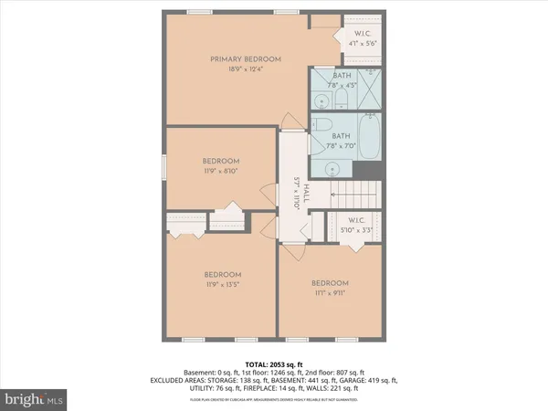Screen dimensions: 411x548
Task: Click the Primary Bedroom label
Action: tap(245, 59)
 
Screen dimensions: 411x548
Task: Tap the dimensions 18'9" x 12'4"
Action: tap(245, 70)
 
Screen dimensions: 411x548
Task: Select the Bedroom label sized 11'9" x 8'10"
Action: tap(221, 164)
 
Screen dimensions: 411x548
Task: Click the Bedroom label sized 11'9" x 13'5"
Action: tap(222, 279)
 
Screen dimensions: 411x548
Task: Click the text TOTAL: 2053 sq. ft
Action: tap(274, 364)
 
